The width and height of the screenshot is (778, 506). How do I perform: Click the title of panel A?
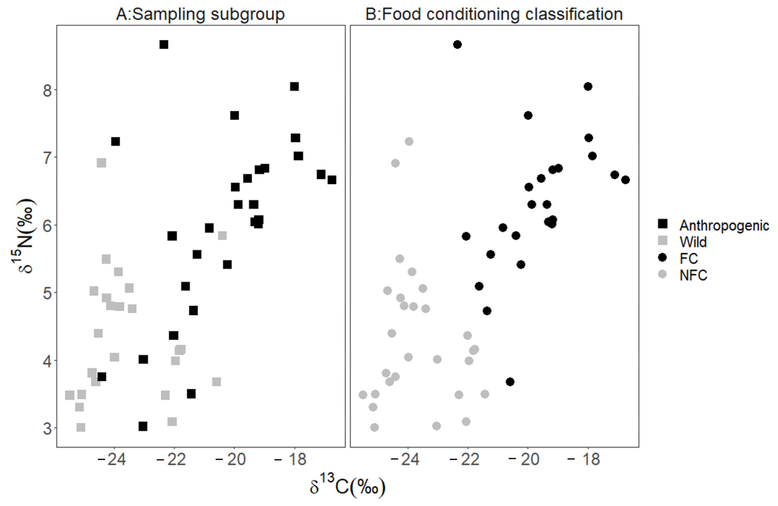[x=200, y=14]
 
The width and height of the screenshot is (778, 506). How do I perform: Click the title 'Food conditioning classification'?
[x=494, y=14]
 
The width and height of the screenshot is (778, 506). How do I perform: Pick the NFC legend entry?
[x=693, y=275]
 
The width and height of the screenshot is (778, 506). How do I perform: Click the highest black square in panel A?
[x=164, y=44]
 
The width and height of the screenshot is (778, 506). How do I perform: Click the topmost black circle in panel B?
[x=457, y=44]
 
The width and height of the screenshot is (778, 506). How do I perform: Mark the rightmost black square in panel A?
[x=332, y=180]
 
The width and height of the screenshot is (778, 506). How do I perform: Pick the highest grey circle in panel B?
[x=409, y=141]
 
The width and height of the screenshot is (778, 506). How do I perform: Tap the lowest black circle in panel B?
[x=510, y=382]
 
